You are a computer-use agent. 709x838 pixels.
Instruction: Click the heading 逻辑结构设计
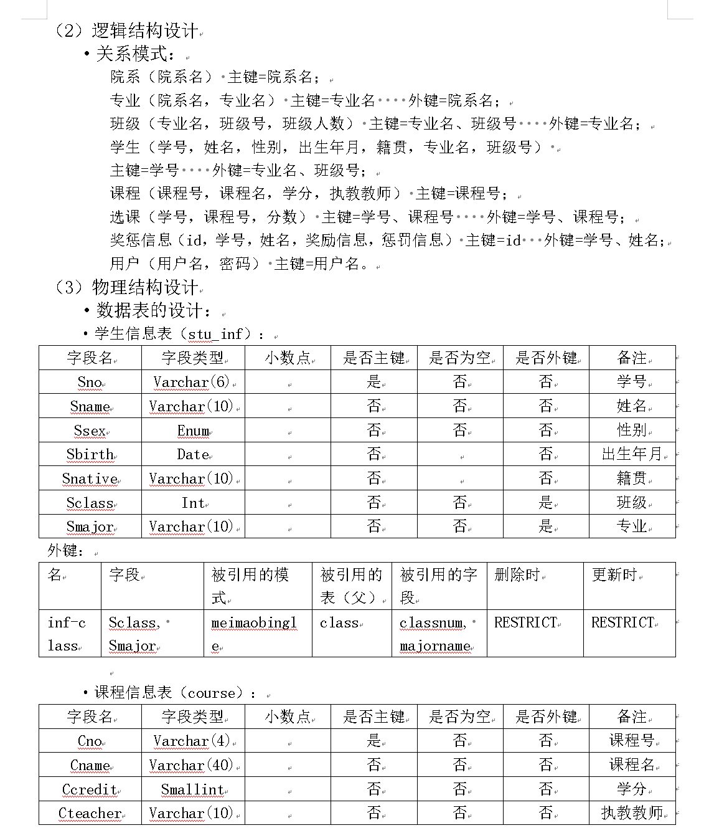[144, 30]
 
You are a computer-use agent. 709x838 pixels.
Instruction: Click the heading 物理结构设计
[144, 287]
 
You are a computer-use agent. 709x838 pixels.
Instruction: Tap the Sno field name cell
[90, 382]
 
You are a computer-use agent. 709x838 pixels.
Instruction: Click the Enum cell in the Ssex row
[193, 431]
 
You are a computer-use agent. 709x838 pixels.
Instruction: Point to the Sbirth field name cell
[90, 454]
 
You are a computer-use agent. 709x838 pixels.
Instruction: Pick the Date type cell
[193, 454]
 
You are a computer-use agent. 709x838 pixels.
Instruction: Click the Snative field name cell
[90, 479]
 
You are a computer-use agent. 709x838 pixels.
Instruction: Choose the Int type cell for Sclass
[193, 503]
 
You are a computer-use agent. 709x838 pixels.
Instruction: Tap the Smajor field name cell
[90, 526]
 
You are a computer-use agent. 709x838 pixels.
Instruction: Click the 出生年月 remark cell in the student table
[631, 454]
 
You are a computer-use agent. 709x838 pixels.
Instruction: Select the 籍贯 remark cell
[631, 479]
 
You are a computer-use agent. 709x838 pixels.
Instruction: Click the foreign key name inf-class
[67, 634]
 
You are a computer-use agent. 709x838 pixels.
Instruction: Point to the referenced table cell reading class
[339, 622]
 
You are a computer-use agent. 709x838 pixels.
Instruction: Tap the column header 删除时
[517, 574]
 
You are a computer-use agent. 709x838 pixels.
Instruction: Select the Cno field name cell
[90, 741]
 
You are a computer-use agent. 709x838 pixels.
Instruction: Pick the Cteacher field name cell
[90, 813]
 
